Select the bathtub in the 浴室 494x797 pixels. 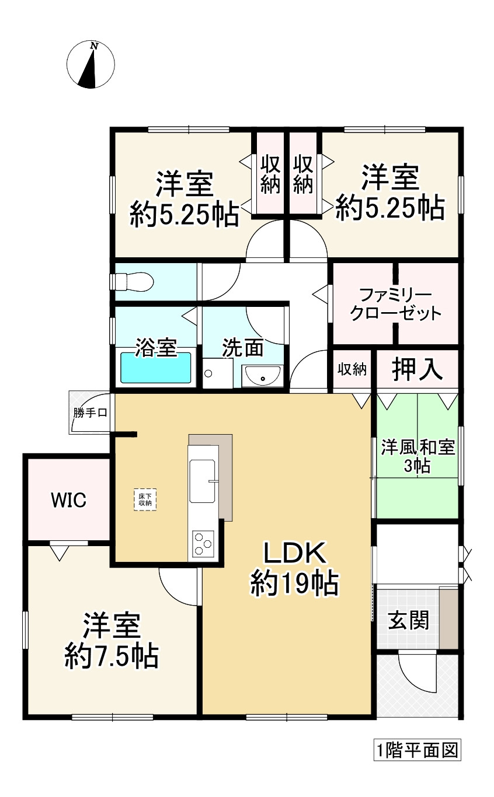tap(156, 368)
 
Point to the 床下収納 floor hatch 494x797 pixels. tap(145, 499)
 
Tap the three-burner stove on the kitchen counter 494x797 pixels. tap(202, 544)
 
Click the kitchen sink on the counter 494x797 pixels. tap(204, 480)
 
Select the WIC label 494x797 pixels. tap(68, 499)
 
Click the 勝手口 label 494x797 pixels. tap(89, 413)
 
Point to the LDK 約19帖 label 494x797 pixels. tap(295, 569)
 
